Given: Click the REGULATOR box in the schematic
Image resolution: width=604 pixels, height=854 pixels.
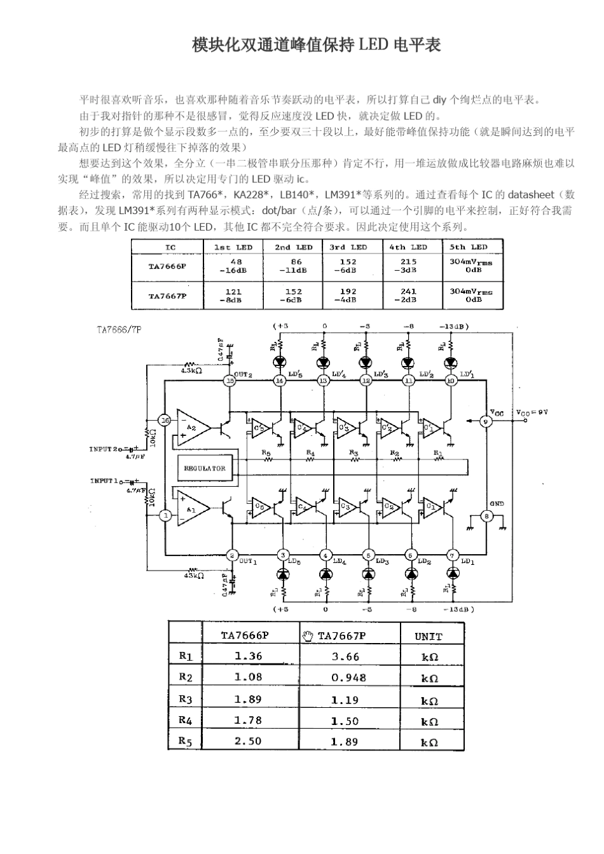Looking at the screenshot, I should click(x=205, y=468).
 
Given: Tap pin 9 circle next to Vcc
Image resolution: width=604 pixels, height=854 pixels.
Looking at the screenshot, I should click(x=486, y=421).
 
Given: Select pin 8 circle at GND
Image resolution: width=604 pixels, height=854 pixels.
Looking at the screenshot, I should click(x=486, y=516).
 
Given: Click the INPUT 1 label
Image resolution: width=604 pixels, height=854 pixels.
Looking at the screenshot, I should click(x=104, y=481).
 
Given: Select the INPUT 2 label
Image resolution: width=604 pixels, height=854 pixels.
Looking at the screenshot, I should click(x=104, y=449).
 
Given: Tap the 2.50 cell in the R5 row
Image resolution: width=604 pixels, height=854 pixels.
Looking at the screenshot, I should click(x=248, y=741).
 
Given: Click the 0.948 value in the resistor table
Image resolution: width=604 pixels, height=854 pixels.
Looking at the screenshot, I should click(x=348, y=678).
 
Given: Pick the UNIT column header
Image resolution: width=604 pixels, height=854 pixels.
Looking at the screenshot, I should click(x=429, y=636).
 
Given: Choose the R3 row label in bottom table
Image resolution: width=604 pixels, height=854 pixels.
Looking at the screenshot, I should click(x=186, y=699).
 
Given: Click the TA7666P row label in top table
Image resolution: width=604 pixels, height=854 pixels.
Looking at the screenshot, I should click(x=168, y=266).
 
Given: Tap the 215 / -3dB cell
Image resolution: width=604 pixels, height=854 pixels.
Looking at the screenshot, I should click(x=409, y=266).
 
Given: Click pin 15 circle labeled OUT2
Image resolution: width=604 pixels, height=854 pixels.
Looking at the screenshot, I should click(x=230, y=380).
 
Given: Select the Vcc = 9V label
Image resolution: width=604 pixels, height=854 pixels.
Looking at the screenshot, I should click(x=532, y=412).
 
